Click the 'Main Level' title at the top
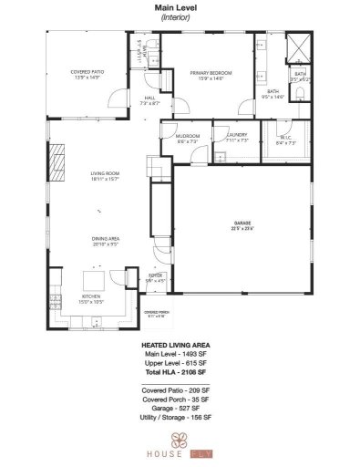tap(179, 7)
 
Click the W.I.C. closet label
tap(286, 139)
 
